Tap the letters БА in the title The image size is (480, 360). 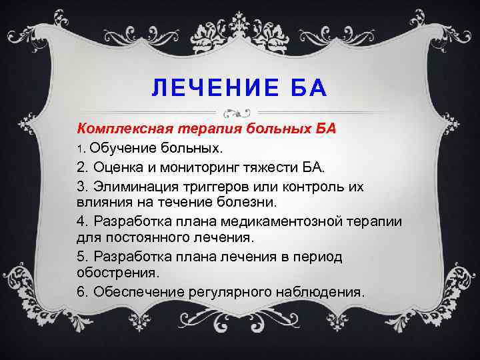tap(306, 88)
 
